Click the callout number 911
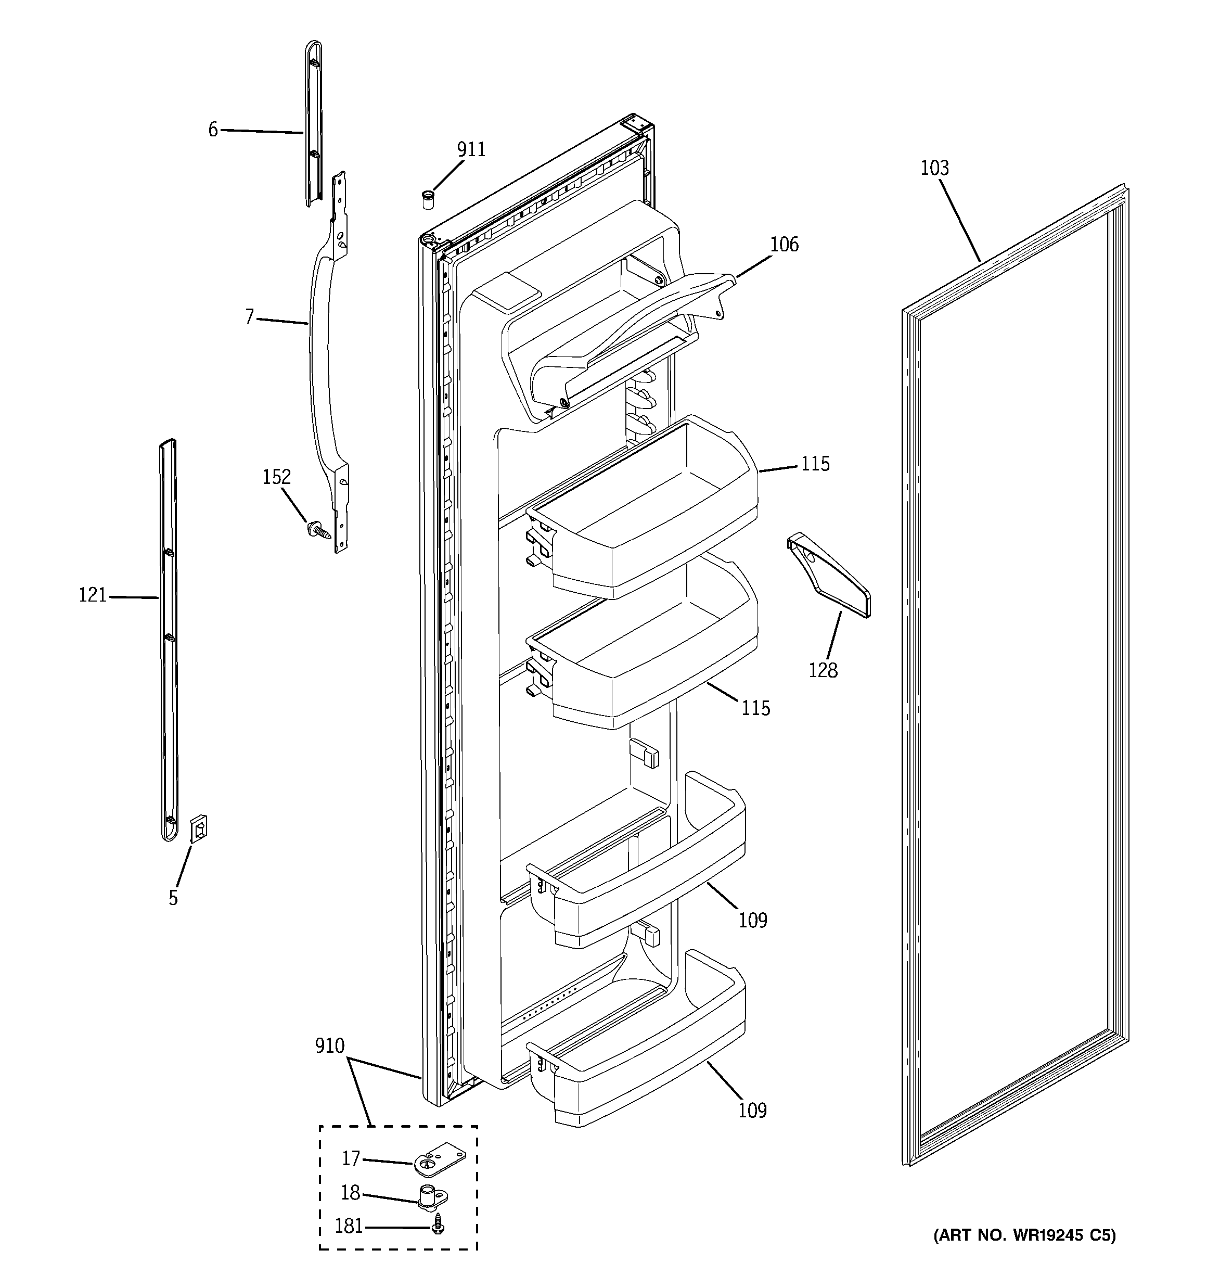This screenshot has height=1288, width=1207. tap(471, 150)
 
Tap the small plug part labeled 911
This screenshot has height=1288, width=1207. tap(428, 199)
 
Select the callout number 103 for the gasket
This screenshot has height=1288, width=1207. tap(934, 169)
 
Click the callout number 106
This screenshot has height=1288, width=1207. tap(784, 245)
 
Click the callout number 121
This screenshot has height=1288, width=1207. tap(93, 595)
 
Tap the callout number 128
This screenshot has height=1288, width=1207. tap(823, 671)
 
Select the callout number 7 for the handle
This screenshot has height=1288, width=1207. tap(249, 317)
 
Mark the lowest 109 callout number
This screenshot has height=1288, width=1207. tap(752, 1111)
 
